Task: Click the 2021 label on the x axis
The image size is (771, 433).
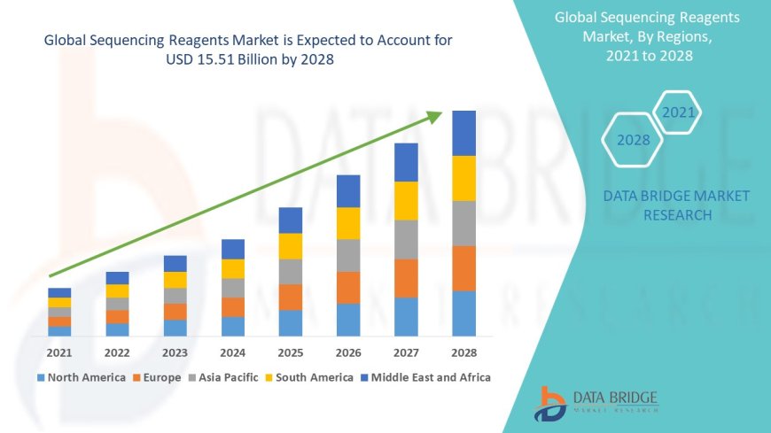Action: click(59, 352)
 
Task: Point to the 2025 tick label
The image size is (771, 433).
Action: click(291, 352)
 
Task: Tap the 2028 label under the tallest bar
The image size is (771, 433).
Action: click(464, 352)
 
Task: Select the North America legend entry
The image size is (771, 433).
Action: click(81, 377)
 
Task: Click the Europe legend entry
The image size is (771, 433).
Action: click(160, 377)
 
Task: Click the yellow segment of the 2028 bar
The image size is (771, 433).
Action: click(464, 178)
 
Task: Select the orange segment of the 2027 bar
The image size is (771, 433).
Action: click(406, 278)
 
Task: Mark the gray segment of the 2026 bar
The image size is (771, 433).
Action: click(348, 255)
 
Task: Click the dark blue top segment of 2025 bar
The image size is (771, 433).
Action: click(291, 220)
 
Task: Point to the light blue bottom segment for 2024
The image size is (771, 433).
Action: click(233, 326)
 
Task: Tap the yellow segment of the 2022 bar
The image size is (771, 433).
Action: click(117, 290)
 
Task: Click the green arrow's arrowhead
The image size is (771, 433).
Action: click(434, 116)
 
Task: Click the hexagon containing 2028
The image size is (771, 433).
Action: click(633, 140)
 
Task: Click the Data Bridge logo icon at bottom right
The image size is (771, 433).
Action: click(551, 404)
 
